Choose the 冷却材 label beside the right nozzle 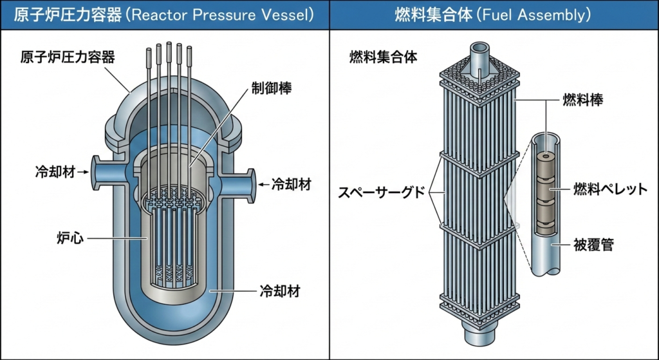(x=292, y=184)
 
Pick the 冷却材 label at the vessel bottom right (x=279, y=290)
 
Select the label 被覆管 (x=593, y=245)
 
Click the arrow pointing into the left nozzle (x=82, y=172)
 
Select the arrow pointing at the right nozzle (x=263, y=184)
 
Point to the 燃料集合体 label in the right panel (x=383, y=57)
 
